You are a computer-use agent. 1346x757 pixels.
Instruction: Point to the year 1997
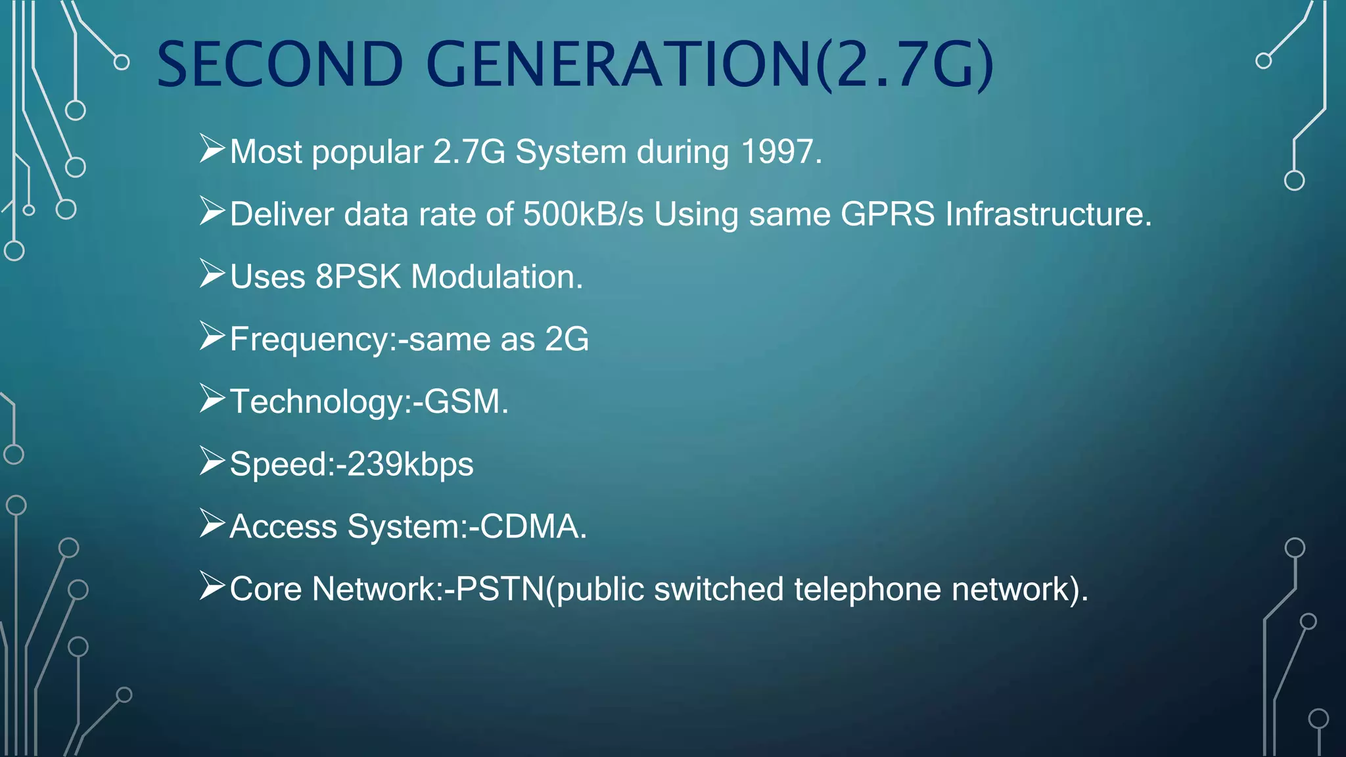781,152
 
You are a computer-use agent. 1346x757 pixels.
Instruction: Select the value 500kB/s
583,214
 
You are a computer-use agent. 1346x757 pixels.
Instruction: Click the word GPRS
887,214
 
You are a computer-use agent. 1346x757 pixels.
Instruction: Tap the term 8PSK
358,277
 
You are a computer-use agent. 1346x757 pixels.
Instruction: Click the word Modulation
497,277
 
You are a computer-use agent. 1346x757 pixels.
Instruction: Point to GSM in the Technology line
466,401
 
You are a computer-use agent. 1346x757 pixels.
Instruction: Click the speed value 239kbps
410,465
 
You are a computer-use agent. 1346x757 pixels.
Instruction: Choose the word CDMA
532,526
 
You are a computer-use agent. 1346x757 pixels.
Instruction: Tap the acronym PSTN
500,589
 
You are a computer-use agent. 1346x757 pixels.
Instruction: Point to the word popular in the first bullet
367,153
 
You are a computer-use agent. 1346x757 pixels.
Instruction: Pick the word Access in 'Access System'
283,526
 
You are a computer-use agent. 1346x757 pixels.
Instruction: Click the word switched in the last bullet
718,589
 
